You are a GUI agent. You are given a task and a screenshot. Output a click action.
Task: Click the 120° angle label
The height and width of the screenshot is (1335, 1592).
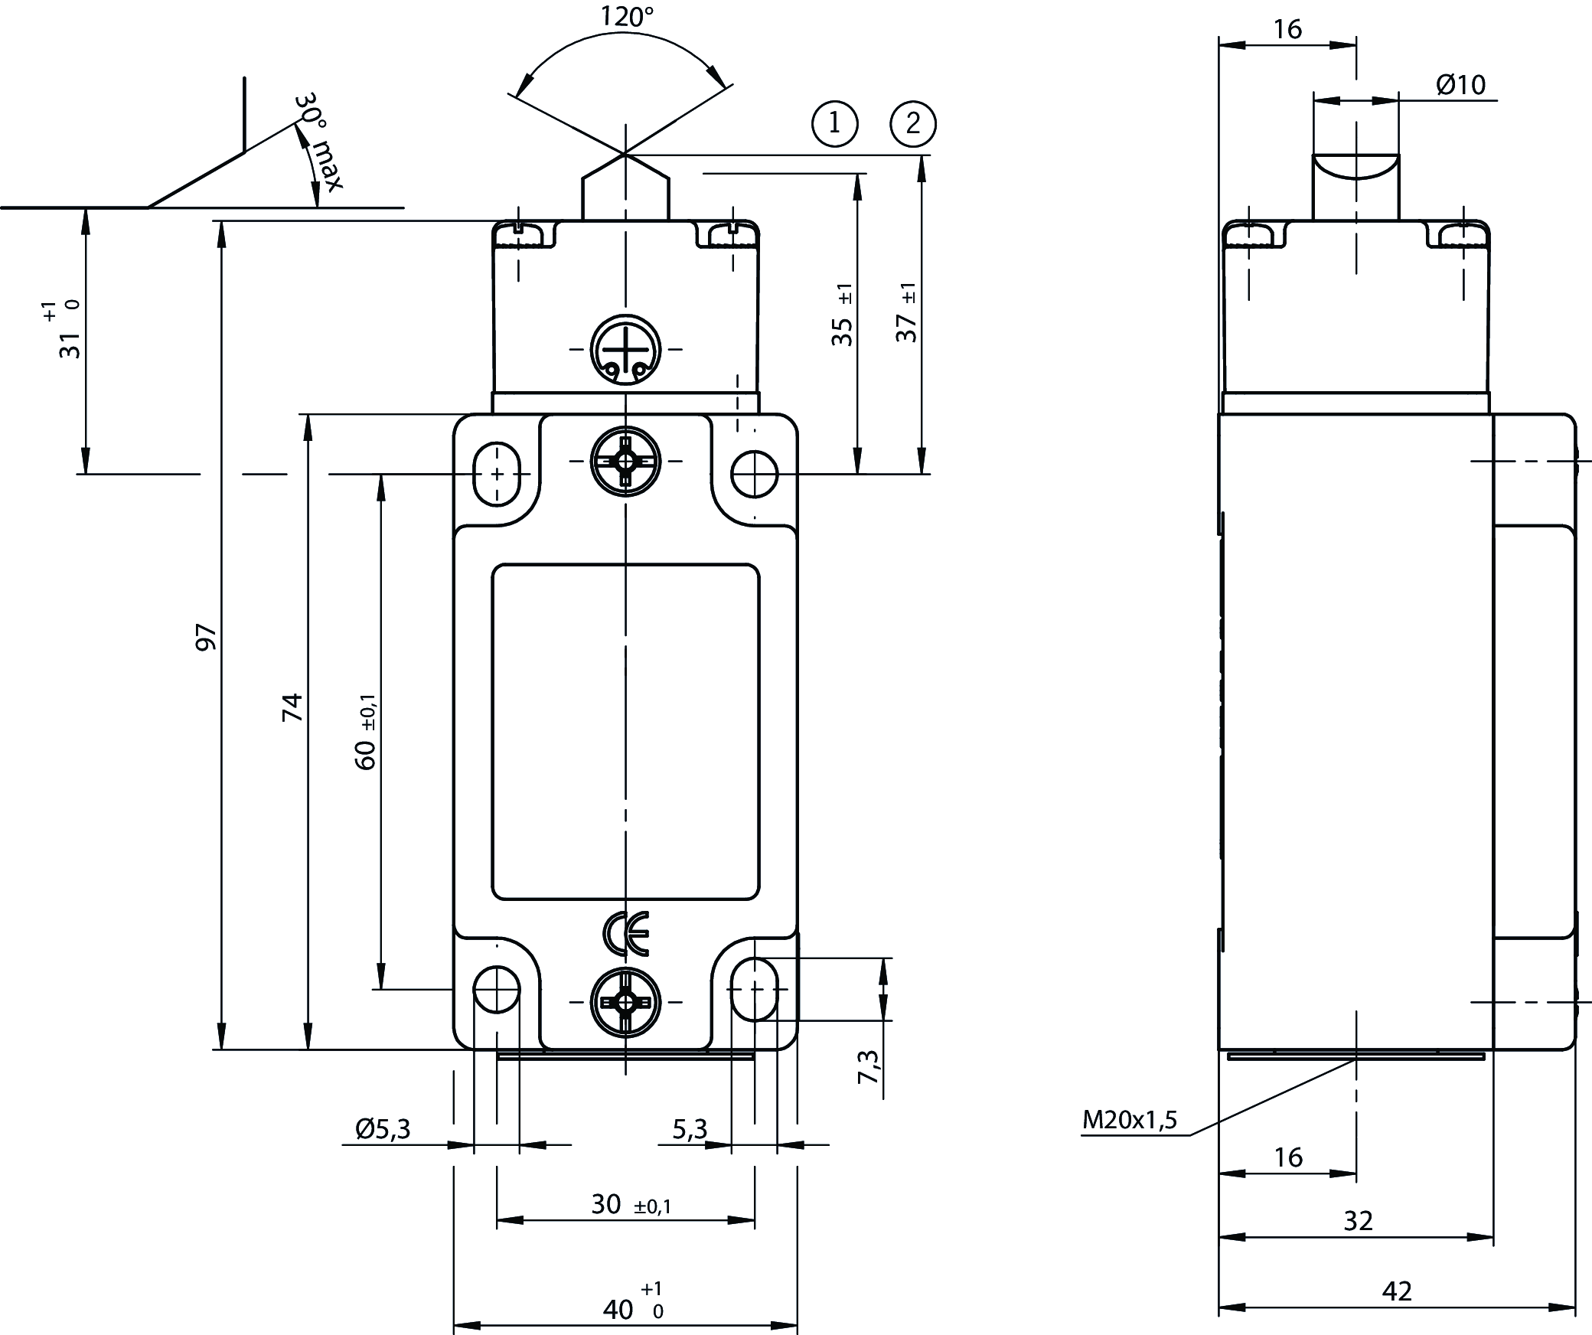[626, 17]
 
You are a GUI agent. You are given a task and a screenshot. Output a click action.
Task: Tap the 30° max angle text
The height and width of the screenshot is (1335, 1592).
[319, 143]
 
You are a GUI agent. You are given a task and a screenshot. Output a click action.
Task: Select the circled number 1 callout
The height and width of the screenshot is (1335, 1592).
[834, 123]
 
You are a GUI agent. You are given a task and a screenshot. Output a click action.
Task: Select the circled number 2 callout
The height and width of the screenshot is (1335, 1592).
[913, 123]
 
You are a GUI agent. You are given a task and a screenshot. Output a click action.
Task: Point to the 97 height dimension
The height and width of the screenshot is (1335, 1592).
[207, 637]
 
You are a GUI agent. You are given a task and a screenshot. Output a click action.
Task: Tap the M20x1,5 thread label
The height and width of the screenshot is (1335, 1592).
[1129, 1121]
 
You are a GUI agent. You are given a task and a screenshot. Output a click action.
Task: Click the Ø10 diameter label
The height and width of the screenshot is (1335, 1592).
[1460, 84]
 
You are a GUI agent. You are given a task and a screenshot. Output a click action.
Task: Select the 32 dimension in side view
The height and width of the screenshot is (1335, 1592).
[1359, 1242]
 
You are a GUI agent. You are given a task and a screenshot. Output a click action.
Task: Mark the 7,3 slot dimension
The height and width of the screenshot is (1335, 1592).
[868, 1066]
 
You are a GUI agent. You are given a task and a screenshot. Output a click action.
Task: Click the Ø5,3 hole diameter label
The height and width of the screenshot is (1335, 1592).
[383, 1128]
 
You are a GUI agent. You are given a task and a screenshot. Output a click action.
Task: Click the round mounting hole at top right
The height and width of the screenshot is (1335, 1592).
[754, 474]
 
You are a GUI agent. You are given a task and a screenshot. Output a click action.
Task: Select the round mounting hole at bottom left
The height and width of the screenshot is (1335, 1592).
[497, 989]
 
